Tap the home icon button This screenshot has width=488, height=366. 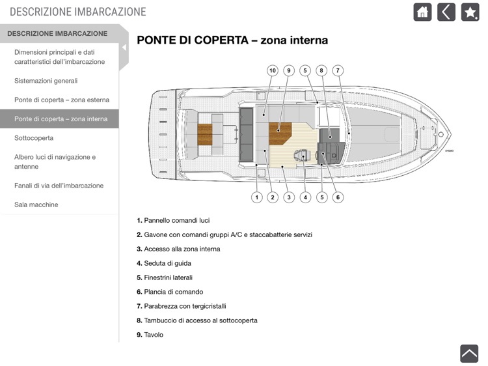pyautogui.click(x=422, y=12)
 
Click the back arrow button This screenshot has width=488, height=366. pyautogui.click(x=446, y=12)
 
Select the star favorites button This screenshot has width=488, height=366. pyautogui.click(x=470, y=12)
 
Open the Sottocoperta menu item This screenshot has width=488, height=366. pyautogui.click(x=34, y=138)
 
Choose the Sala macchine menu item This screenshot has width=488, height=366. pyautogui.click(x=36, y=204)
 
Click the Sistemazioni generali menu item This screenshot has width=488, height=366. pyautogui.click(x=46, y=81)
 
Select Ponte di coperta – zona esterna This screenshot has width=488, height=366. pyautogui.click(x=62, y=100)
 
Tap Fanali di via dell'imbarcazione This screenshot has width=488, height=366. pyautogui.click(x=59, y=186)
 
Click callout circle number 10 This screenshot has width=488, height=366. pyautogui.click(x=273, y=70)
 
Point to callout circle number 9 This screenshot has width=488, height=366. pyautogui.click(x=289, y=70)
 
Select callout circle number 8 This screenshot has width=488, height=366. pyautogui.click(x=321, y=70)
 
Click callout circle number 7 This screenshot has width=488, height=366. pyautogui.click(x=338, y=70)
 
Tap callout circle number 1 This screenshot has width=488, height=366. pyautogui.click(x=257, y=197)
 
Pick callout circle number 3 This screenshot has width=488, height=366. pyautogui.click(x=289, y=197)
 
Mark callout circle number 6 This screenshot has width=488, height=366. pyautogui.click(x=338, y=197)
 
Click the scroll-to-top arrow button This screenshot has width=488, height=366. pyautogui.click(x=469, y=352)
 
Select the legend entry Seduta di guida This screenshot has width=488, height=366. pyautogui.click(x=167, y=263)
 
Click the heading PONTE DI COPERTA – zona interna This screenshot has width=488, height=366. pyautogui.click(x=232, y=40)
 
